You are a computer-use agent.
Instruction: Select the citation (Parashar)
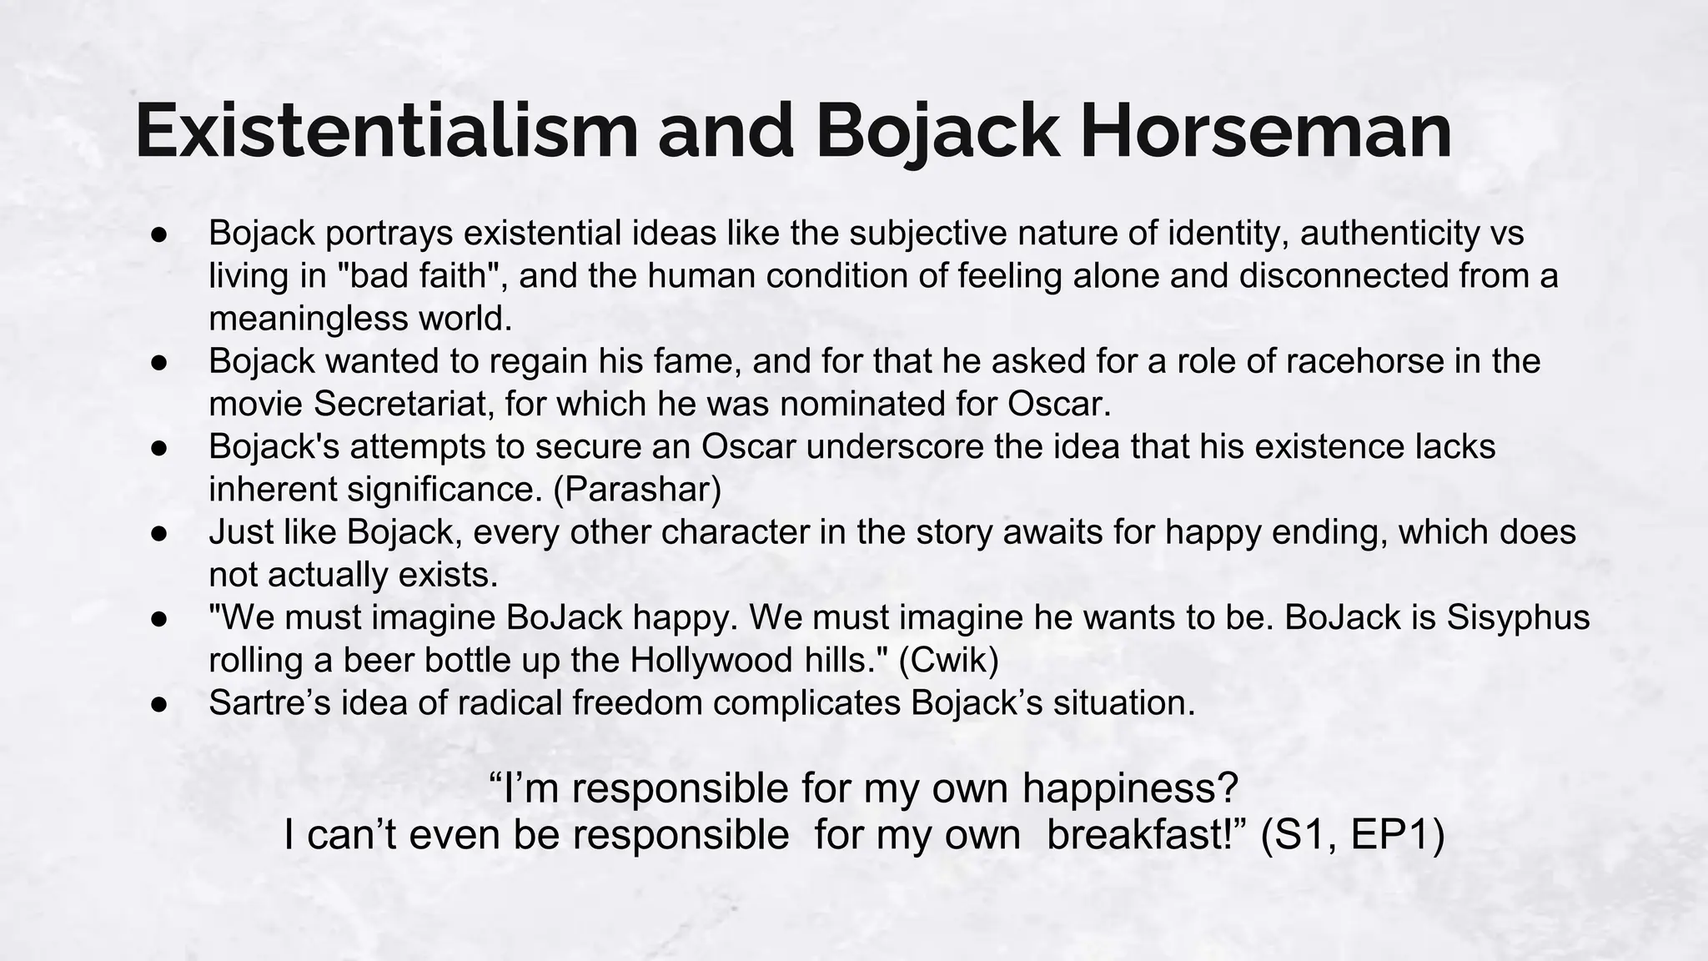coord(637,490)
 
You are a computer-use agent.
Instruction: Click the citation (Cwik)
coord(948,661)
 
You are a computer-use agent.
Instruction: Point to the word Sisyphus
coord(1518,617)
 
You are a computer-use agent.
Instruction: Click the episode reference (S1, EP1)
coord(1352,835)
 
